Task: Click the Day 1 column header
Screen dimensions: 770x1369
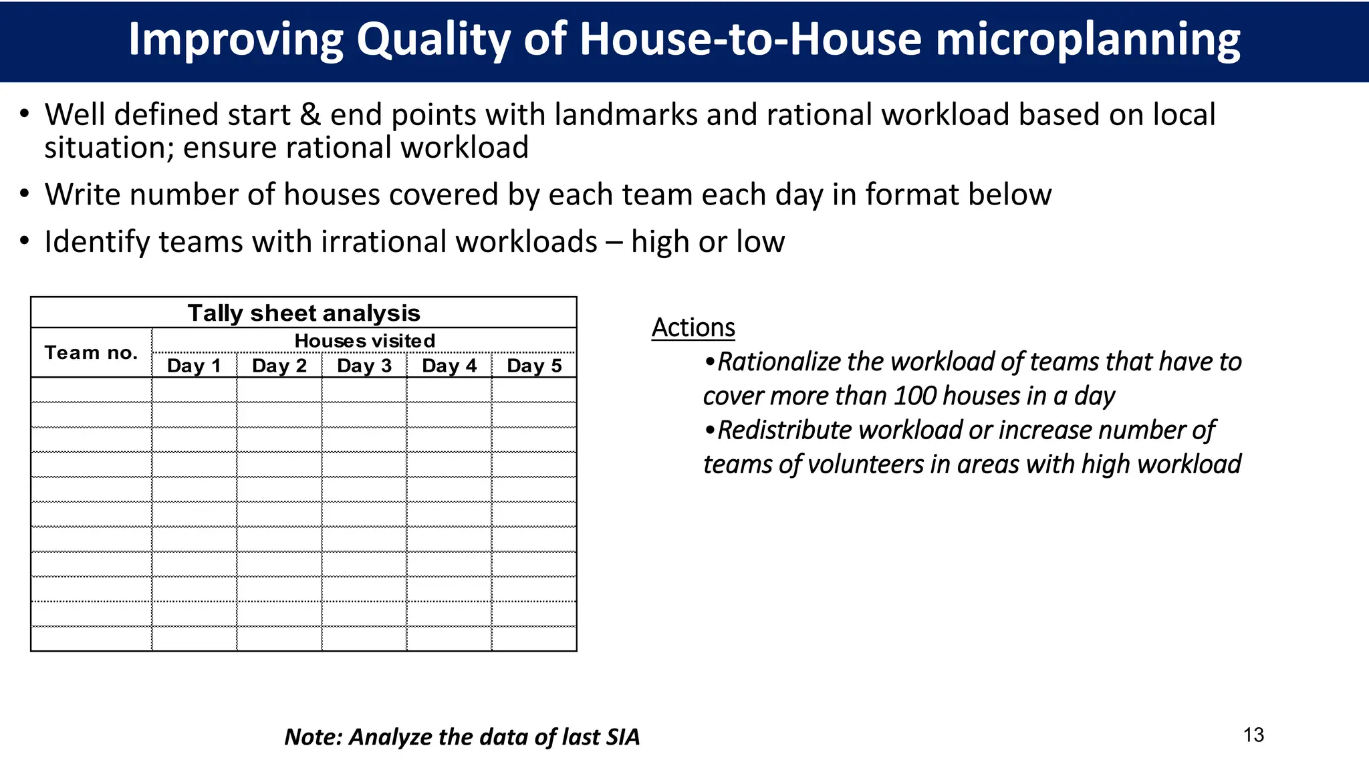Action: coord(194,366)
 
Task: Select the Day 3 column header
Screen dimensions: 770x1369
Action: coord(364,366)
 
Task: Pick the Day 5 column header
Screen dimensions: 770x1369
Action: coord(534,366)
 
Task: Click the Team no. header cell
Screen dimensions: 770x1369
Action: coord(91,352)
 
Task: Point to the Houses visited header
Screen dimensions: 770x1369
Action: coord(364,341)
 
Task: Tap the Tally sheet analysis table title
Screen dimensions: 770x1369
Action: coord(303,313)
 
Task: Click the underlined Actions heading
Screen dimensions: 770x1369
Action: coord(693,328)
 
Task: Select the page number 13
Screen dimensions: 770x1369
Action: coord(1253,735)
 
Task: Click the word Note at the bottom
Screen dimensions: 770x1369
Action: coord(312,737)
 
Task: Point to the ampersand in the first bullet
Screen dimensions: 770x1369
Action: coord(310,115)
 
